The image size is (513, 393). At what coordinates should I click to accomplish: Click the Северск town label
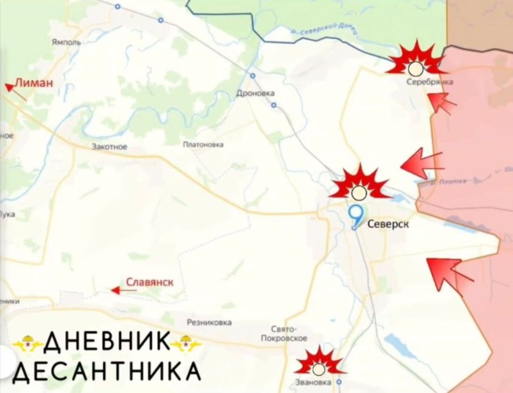coord(388,224)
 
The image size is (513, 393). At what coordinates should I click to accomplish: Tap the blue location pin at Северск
coord(355,215)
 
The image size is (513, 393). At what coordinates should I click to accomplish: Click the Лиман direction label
coord(34,82)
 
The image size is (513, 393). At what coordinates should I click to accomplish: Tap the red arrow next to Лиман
coord(15,91)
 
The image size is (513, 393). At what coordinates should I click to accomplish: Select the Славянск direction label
coord(150,282)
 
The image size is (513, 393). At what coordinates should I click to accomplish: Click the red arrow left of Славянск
coord(122,290)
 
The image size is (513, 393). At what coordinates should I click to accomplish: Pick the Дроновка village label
coord(255,93)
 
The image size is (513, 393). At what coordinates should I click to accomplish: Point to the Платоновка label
coord(203,144)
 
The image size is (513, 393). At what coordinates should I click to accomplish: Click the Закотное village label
coord(110,147)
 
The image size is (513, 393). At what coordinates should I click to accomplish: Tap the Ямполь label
coord(66,42)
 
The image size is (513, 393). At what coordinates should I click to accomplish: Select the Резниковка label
coord(209,322)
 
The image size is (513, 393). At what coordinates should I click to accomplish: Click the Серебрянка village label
coord(430,82)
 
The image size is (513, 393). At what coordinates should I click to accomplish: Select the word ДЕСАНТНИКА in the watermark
coord(107,370)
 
